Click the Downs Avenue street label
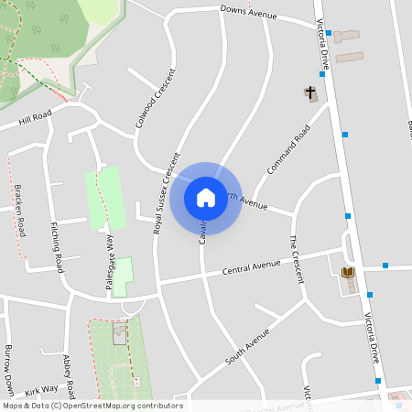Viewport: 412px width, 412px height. [x=250, y=13]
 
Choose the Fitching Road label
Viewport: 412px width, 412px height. [x=57, y=246]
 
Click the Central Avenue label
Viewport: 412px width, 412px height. [x=251, y=267]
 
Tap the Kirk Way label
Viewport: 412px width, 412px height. [x=41, y=390]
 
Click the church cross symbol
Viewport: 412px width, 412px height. [x=310, y=92]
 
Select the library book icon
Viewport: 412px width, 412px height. [x=348, y=272]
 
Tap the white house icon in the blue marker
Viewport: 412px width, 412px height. [x=206, y=197]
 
